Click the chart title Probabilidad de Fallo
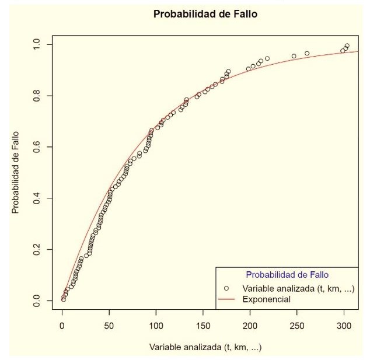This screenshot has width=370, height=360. point(205,14)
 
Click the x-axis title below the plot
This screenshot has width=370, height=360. point(205,347)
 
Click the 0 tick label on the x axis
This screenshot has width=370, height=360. point(62,326)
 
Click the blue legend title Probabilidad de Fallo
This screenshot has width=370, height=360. point(287,274)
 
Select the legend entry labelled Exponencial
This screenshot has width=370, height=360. point(266,299)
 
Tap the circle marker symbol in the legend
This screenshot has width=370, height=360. point(226,288)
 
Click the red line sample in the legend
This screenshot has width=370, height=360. point(226,299)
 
